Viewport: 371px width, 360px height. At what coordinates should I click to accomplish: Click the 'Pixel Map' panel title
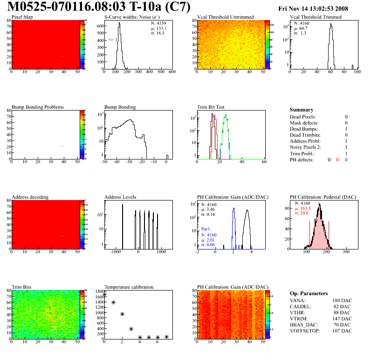(x=22, y=17)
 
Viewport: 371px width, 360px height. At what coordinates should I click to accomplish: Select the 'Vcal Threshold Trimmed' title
(x=316, y=17)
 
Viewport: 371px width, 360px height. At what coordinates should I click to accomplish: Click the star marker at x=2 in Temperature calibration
(x=122, y=314)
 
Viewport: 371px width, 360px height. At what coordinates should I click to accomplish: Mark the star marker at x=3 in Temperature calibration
(x=131, y=329)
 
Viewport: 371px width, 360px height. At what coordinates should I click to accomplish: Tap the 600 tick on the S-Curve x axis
(x=172, y=72)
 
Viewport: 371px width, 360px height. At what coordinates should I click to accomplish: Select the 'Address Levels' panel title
(x=120, y=197)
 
